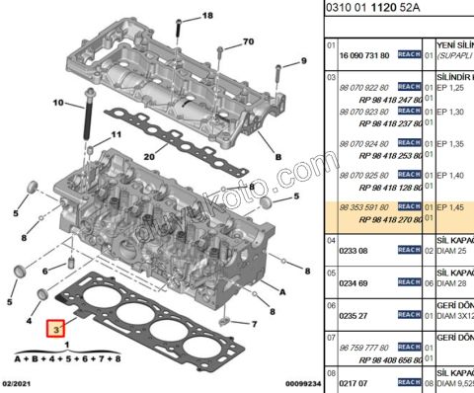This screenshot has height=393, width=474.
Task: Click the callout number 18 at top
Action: click(206, 18)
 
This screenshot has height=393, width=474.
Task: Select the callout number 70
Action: click(247, 41)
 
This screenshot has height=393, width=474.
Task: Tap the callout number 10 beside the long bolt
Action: click(57, 103)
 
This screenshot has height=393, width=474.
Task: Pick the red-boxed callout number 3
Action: click(58, 327)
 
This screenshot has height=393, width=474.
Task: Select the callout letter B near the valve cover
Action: click(278, 158)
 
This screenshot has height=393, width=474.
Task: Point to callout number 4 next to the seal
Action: click(31, 322)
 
